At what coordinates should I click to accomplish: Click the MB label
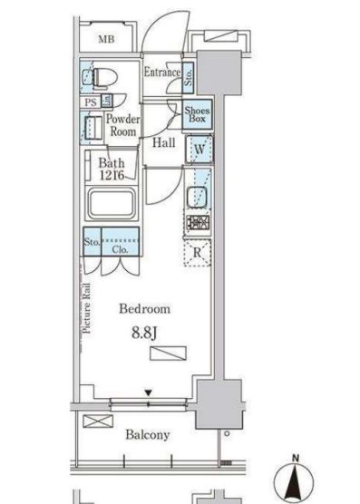[106, 40]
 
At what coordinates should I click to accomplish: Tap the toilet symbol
[100, 77]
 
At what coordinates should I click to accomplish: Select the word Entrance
[162, 72]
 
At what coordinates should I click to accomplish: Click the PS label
[91, 102]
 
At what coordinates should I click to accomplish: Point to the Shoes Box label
[197, 114]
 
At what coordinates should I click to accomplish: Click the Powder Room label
[123, 125]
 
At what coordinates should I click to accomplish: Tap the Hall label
[163, 142]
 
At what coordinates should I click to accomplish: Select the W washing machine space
[199, 150]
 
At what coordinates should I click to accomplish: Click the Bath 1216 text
[112, 169]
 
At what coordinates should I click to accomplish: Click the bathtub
[112, 204]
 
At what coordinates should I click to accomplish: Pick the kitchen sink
[197, 196]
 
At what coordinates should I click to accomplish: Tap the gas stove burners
[198, 222]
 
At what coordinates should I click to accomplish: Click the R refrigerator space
[197, 253]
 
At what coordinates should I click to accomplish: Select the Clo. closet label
[121, 250]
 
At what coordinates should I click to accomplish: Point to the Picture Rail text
[87, 308]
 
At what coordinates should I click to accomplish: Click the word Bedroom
[145, 309]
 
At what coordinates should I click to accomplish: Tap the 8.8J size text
[144, 334]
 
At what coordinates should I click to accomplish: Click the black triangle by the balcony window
[148, 393]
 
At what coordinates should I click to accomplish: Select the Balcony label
[148, 435]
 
